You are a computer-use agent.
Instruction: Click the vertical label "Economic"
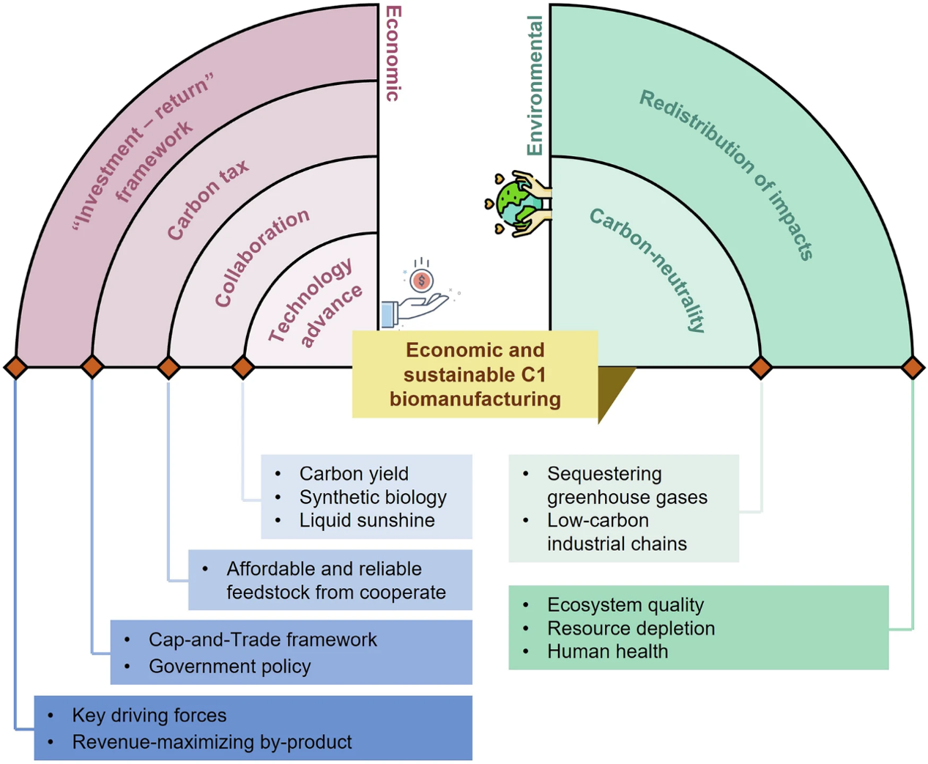tap(393, 53)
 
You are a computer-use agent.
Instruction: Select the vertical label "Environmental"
tap(535, 86)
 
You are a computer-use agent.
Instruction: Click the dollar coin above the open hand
tap(421, 281)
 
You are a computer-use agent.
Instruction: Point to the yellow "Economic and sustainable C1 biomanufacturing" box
tap(475, 374)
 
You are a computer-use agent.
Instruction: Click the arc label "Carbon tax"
tap(207, 200)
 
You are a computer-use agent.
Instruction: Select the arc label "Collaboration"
tap(261, 256)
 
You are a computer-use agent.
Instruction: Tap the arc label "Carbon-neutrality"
tap(648, 270)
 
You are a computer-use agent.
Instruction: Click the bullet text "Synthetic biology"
tap(373, 497)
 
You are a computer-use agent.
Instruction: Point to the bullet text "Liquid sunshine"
tap(367, 521)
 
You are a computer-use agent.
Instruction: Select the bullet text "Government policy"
tap(230, 667)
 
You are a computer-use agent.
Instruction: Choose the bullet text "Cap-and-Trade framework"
tap(263, 639)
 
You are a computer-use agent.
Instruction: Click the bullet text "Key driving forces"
tap(149, 715)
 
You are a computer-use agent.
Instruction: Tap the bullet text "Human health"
tap(607, 651)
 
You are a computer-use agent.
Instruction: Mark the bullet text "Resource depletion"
tap(631, 628)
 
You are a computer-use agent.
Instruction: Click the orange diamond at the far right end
tap(913, 366)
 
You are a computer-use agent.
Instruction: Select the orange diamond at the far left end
tap(15, 366)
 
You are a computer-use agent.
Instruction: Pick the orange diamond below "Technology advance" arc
tap(243, 366)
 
